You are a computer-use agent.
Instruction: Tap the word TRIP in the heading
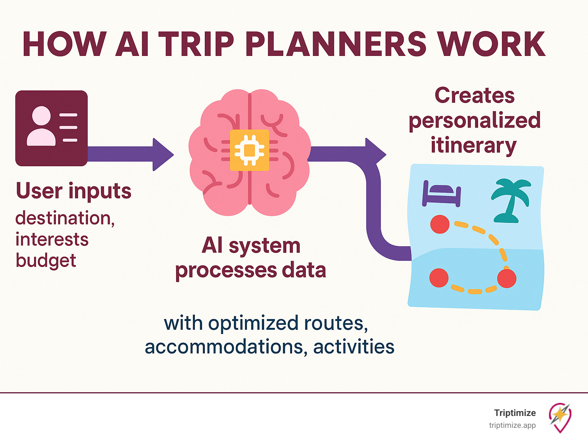(x=196, y=44)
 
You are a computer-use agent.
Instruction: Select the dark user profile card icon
(x=51, y=128)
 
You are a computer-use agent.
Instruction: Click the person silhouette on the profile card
(x=41, y=126)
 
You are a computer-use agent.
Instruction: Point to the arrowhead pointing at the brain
(x=162, y=154)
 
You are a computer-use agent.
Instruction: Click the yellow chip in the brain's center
(x=250, y=150)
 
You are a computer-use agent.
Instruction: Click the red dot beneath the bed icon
(x=440, y=224)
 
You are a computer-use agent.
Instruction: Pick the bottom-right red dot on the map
(x=506, y=278)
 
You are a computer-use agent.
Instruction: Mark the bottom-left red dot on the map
(x=439, y=278)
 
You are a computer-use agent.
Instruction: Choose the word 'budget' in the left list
(x=46, y=260)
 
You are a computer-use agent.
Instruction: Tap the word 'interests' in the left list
(x=52, y=240)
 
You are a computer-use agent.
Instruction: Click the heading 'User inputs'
(x=73, y=191)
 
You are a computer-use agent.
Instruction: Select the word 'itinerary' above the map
(x=474, y=146)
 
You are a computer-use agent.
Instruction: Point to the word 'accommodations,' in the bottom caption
(x=226, y=347)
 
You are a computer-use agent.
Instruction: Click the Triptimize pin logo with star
(x=560, y=417)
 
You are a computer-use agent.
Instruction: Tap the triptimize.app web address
(x=512, y=425)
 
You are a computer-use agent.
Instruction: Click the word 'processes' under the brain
(x=226, y=270)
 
